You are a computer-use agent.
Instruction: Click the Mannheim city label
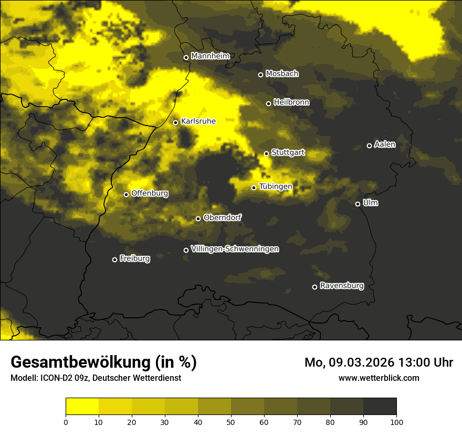coord(211,56)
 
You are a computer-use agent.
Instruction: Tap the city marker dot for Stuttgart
coord(266,153)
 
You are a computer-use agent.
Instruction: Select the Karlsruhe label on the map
coord(198,121)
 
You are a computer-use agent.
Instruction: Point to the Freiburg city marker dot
coord(114,259)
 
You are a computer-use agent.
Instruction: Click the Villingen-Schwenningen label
coord(235,249)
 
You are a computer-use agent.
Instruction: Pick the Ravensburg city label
coord(342,286)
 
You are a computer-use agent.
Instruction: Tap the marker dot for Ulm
coord(358,204)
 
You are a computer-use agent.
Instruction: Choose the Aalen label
coord(385,144)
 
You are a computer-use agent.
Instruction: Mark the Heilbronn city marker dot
coord(268,103)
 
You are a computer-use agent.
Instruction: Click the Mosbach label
coord(282,74)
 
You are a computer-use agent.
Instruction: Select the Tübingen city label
coord(276,186)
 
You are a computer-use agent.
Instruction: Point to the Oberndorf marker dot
coord(198,219)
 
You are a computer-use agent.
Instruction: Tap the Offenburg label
coord(150,193)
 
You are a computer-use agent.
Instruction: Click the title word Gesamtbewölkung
coord(80,362)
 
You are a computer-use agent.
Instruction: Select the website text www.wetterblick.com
coord(379,378)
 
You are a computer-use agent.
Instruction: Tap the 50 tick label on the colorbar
coord(231,421)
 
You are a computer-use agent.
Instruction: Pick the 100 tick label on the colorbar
coord(396,421)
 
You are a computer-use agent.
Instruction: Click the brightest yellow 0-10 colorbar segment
coord(82,407)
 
